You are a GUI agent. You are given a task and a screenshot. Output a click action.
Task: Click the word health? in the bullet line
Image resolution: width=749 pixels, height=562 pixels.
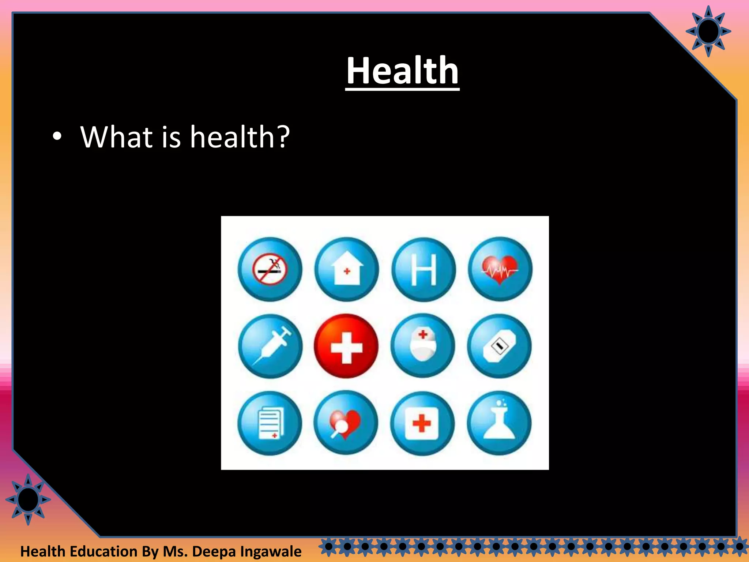tap(240, 137)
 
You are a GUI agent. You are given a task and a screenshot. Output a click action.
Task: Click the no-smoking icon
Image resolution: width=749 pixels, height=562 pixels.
tap(270, 270)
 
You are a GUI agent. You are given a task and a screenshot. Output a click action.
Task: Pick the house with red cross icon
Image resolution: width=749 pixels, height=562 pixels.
tap(347, 270)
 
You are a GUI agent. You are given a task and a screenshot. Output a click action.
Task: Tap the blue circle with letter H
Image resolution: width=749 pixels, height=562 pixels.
tap(424, 270)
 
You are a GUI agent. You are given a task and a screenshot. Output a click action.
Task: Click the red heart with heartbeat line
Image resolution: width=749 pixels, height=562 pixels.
tap(500, 270)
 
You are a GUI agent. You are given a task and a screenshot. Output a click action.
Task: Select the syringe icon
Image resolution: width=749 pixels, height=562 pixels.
tap(270, 346)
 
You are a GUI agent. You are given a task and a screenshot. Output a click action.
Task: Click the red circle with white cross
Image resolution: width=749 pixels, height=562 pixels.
tap(346, 346)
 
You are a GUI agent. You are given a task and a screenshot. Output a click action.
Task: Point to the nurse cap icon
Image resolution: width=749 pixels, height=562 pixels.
tap(423, 346)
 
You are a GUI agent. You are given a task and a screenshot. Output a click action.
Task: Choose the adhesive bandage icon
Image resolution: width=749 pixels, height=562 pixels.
tap(499, 346)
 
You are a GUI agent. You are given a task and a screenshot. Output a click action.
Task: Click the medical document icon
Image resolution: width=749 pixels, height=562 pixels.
tap(270, 423)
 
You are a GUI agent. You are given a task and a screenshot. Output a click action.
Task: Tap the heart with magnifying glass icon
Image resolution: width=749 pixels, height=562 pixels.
tap(346, 423)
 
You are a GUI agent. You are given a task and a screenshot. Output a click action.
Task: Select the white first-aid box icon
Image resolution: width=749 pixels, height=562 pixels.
tap(422, 423)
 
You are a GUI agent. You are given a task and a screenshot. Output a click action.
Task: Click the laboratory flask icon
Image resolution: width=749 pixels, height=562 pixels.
tap(499, 423)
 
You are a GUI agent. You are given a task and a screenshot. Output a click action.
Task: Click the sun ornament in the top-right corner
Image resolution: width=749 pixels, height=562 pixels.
tap(708, 31)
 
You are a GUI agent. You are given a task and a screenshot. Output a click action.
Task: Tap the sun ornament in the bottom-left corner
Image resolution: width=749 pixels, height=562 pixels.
tap(28, 500)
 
